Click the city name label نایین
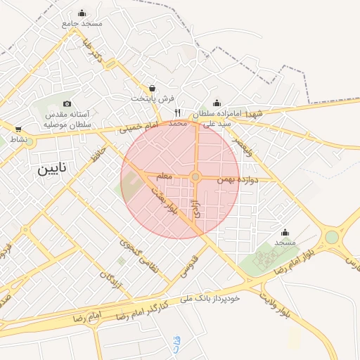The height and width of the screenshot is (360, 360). tap(54, 169)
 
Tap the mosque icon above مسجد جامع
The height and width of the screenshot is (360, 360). tap(82, 13)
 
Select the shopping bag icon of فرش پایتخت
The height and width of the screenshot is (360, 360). tap(153, 88)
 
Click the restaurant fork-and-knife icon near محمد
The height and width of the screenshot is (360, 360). tap(178, 112)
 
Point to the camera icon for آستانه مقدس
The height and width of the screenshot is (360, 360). tap(67, 104)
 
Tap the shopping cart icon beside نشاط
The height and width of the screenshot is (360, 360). tap(18, 129)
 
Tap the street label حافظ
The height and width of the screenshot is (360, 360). tap(98, 153)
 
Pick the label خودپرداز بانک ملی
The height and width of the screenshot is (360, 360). tap(210, 299)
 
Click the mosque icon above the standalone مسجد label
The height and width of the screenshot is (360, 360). tap(285, 233)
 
